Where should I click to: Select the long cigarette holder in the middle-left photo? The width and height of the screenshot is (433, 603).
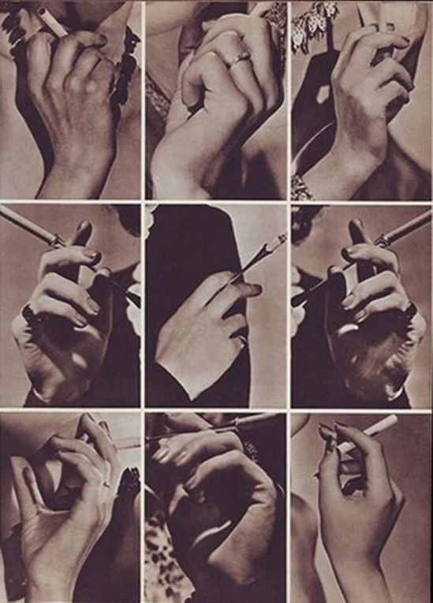[x=32, y=225]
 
